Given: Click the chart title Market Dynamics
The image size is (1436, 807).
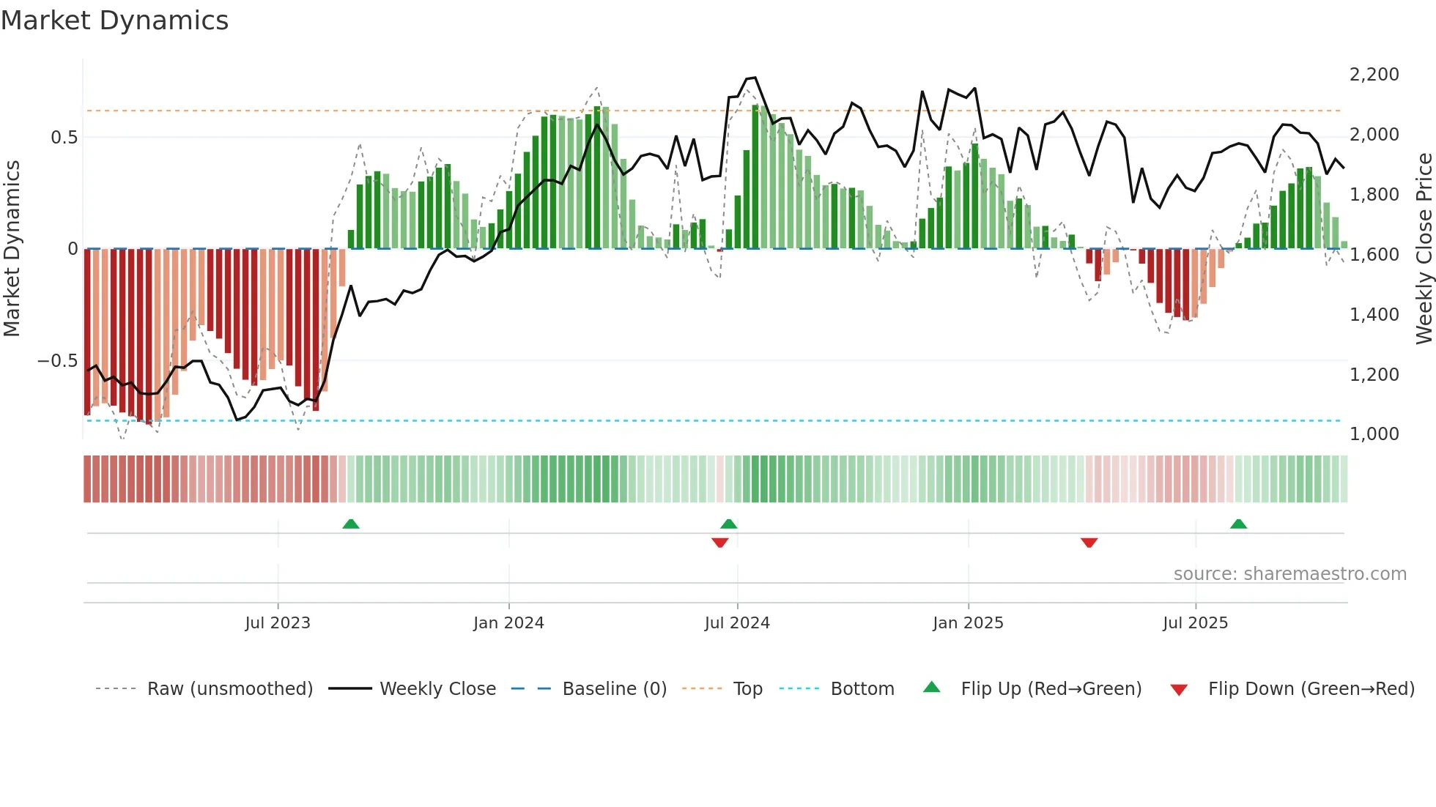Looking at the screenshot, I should tap(114, 21).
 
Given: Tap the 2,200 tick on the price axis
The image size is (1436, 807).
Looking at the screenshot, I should tap(1374, 75).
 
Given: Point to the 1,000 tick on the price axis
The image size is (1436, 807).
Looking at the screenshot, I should tap(1374, 434).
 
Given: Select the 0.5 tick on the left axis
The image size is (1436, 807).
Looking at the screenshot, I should tap(64, 138).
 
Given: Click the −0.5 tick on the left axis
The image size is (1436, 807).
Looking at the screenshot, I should tap(58, 361).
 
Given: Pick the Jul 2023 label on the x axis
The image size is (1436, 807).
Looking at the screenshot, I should tap(278, 623).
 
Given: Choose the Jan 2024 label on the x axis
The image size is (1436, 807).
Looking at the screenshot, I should tap(508, 623).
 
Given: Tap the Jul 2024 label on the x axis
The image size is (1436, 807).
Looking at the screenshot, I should tap(737, 623).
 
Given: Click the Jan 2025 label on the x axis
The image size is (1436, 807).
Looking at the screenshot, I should tap(968, 623).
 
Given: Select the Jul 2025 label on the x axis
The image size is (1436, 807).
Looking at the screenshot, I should tap(1195, 623).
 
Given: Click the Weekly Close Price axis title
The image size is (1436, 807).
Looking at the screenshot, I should tap(1424, 249).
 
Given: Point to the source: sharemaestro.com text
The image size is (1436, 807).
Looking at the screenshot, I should tap(1289, 574).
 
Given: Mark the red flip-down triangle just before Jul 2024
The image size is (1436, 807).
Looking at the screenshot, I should tap(720, 543).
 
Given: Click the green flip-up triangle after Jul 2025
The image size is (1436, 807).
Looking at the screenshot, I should tap(1238, 524).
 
